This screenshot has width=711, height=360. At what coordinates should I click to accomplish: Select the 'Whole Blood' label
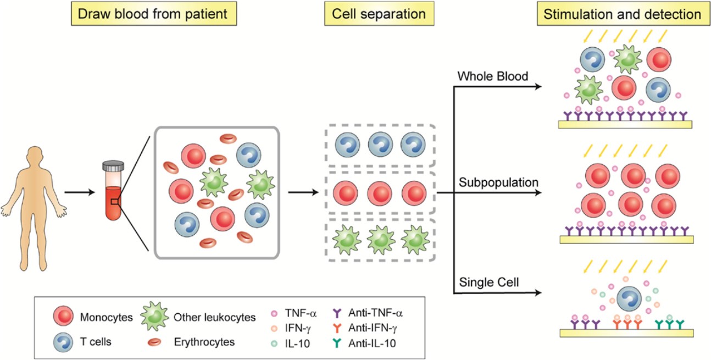[x=492, y=76]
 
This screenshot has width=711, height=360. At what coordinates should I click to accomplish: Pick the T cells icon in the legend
[x=63, y=341]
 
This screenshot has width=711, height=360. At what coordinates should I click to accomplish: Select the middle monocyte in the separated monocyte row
[x=379, y=194]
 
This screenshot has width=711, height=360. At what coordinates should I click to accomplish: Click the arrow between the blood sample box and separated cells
[x=303, y=192]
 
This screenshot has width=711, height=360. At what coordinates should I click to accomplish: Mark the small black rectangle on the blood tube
[x=114, y=202]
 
